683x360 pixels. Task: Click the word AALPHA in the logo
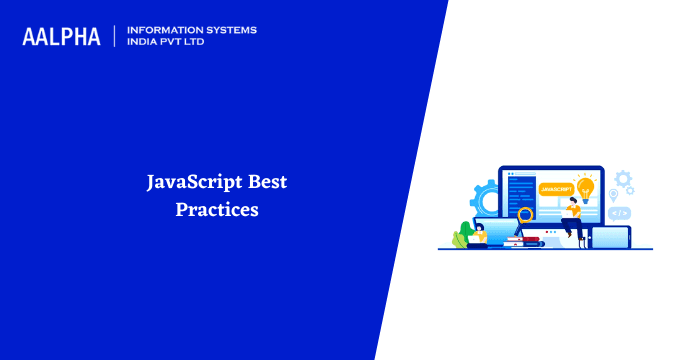[61, 37]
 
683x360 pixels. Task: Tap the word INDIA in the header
[147, 43]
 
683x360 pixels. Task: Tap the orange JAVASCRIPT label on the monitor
[552, 188]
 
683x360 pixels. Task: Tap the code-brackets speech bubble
[619, 213]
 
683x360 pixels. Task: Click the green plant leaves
[461, 238]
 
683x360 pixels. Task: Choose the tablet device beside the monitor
[610, 236]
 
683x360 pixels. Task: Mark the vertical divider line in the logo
[114, 36]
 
